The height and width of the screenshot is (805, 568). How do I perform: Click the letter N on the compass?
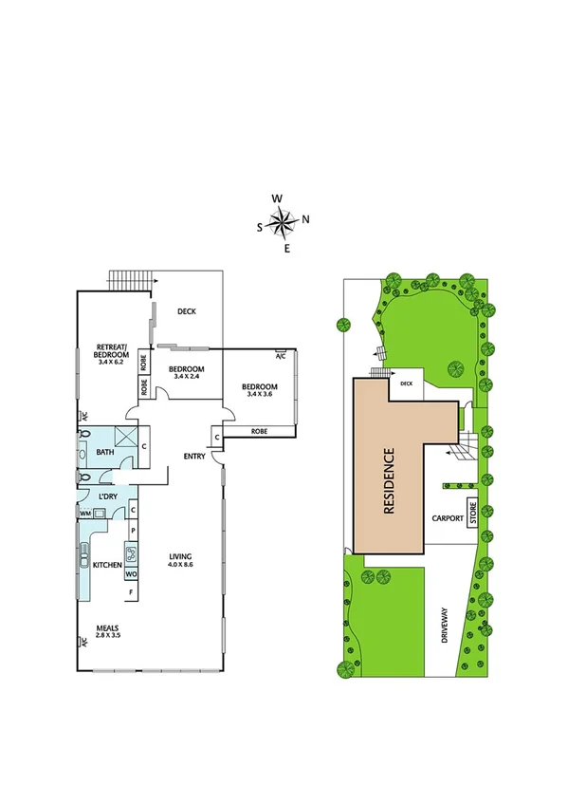(x=305, y=219)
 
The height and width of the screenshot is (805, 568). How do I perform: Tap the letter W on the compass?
(x=277, y=198)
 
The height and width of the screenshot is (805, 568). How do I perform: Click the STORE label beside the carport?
(x=470, y=512)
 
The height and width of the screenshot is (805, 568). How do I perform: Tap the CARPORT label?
(x=447, y=519)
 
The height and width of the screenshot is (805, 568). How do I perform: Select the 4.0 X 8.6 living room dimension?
(x=180, y=565)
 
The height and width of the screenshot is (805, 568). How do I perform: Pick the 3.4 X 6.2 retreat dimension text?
(x=112, y=361)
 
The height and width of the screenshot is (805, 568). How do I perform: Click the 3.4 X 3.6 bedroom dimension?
(x=259, y=394)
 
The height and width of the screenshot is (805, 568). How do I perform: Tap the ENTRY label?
(x=194, y=457)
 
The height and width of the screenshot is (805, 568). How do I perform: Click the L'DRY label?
(x=107, y=496)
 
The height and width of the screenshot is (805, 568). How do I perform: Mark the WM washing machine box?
(x=85, y=514)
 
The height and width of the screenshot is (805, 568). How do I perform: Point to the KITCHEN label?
(x=107, y=566)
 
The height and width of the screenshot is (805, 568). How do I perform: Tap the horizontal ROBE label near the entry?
(x=260, y=431)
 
